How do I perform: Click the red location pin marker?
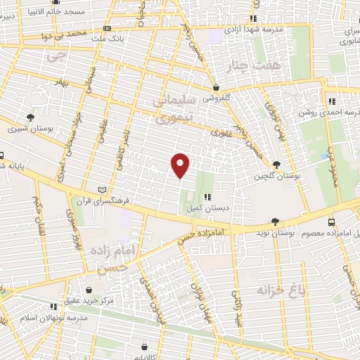(x=181, y=165)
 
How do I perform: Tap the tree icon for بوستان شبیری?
(x=30, y=117)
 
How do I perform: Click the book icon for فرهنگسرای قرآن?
(x=105, y=190)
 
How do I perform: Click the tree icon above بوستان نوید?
(x=275, y=221)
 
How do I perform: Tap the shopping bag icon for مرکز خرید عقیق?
(x=89, y=289)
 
